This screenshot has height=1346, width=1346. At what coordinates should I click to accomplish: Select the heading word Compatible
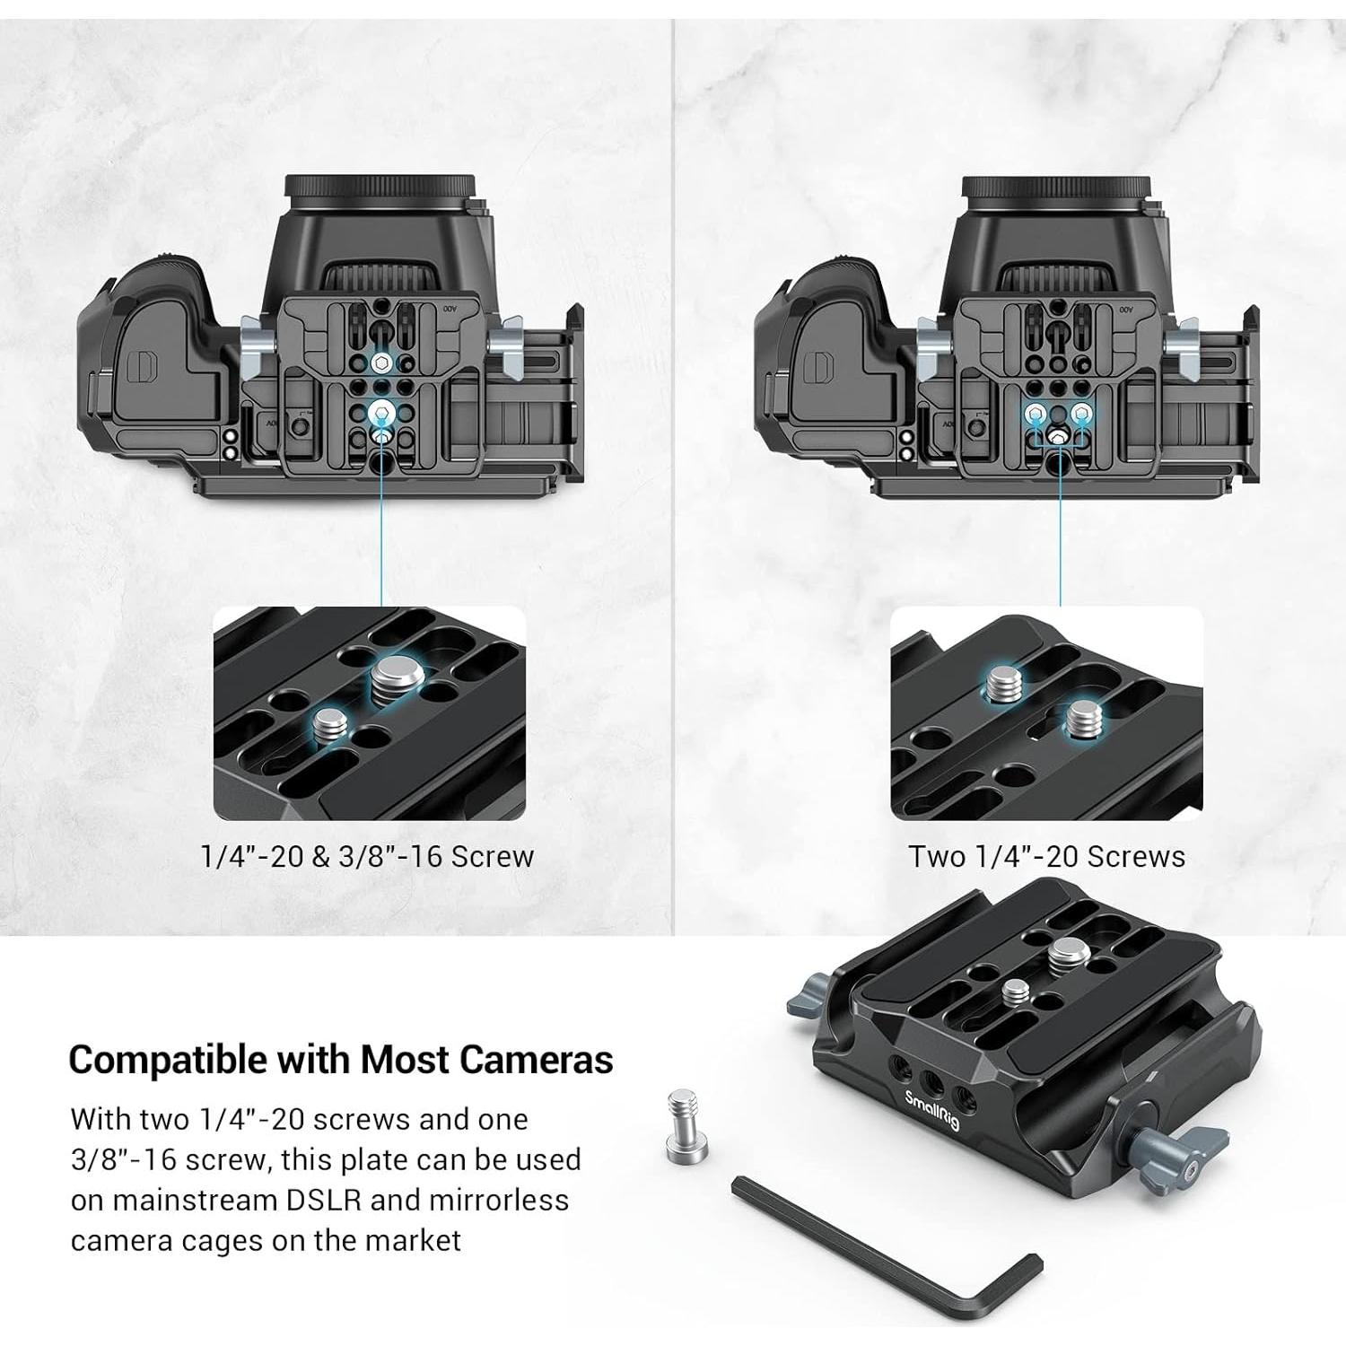tap(168, 1060)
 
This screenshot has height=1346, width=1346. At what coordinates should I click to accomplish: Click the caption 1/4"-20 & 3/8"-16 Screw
tap(367, 856)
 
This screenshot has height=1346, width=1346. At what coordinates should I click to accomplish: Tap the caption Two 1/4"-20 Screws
tap(1046, 856)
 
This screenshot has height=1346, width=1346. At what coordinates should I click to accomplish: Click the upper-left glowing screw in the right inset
tap(1001, 686)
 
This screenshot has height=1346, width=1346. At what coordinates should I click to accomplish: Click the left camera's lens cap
tap(380, 188)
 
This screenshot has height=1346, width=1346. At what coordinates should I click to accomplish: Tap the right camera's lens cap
tap(1056, 188)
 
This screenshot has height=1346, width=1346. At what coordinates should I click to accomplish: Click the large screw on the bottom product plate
tap(1065, 954)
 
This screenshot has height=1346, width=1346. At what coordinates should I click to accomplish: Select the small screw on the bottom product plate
tap(1016, 992)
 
